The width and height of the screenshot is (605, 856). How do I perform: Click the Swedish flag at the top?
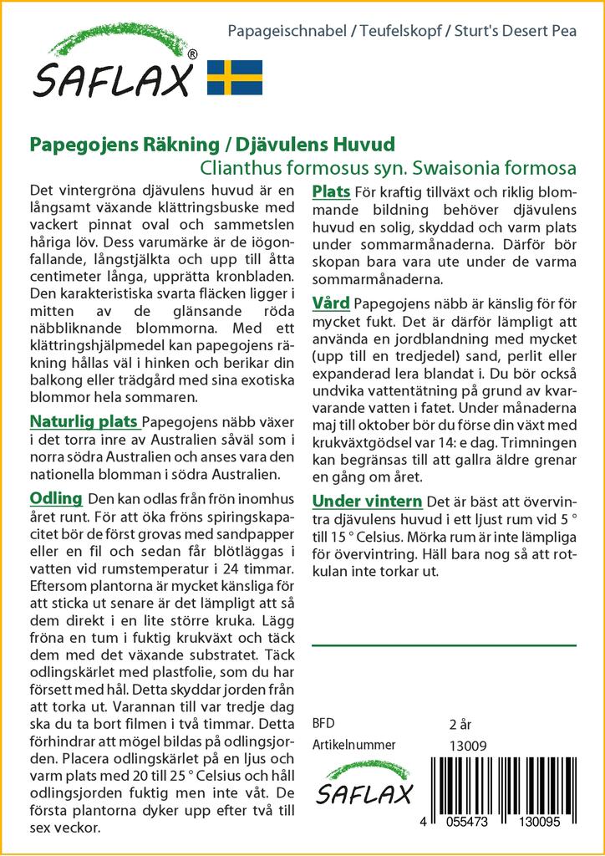pyautogui.click(x=235, y=77)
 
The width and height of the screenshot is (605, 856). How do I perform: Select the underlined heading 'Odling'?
pyautogui.click(x=55, y=498)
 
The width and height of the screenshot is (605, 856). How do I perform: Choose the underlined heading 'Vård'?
pyautogui.click(x=331, y=302)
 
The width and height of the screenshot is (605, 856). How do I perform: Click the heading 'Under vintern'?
pyautogui.click(x=366, y=501)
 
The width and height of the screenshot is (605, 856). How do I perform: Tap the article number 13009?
pyautogui.click(x=467, y=746)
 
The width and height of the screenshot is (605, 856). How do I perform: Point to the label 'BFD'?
pyautogui.click(x=323, y=723)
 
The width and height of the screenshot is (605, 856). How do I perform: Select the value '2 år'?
pyautogui.click(x=460, y=723)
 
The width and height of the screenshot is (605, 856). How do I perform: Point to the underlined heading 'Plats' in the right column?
pyautogui.click(x=330, y=192)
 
